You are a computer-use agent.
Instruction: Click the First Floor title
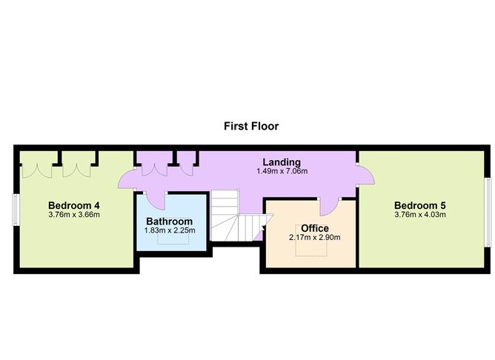tap(251, 126)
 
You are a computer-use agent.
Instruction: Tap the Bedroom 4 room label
tap(74, 205)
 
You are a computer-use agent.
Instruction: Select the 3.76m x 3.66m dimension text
tap(74, 215)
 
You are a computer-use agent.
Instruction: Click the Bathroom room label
tap(169, 221)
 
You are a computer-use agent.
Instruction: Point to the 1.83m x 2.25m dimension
tap(170, 230)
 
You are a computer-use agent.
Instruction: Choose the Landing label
tap(282, 162)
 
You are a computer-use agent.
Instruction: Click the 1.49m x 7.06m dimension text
tap(282, 171)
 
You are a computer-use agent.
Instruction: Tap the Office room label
tap(315, 228)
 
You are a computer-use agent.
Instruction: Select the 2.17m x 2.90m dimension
tap(315, 237)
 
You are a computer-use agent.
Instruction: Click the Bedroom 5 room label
tap(420, 205)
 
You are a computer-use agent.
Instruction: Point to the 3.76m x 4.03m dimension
tap(420, 215)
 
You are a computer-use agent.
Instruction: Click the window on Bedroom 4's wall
tap(15, 210)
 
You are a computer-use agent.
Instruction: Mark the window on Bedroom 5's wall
tap(488, 212)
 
